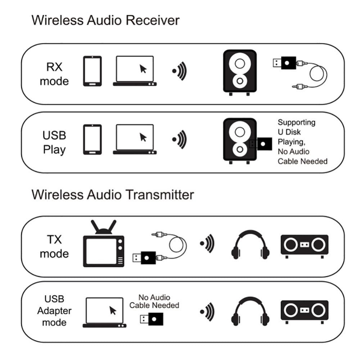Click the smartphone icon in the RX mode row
92,71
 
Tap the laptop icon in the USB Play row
135,139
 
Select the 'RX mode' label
54,74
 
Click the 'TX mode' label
54,247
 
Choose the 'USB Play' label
54,142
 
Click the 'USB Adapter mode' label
54,310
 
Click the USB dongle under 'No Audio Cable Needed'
151,319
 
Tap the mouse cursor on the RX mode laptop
143,68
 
